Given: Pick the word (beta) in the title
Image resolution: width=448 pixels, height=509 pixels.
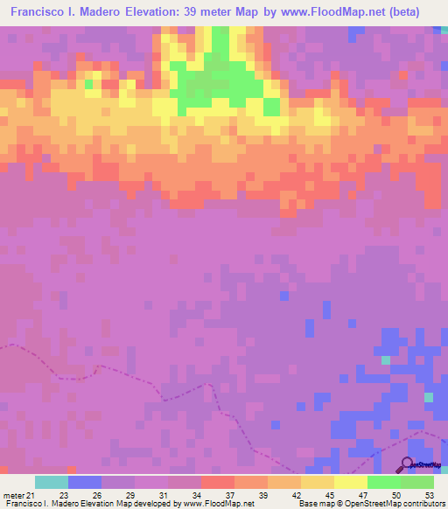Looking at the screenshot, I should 407,12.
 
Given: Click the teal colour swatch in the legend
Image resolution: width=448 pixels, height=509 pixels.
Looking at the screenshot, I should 51,481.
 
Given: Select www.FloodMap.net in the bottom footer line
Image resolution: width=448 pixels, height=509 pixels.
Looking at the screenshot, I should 202,504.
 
